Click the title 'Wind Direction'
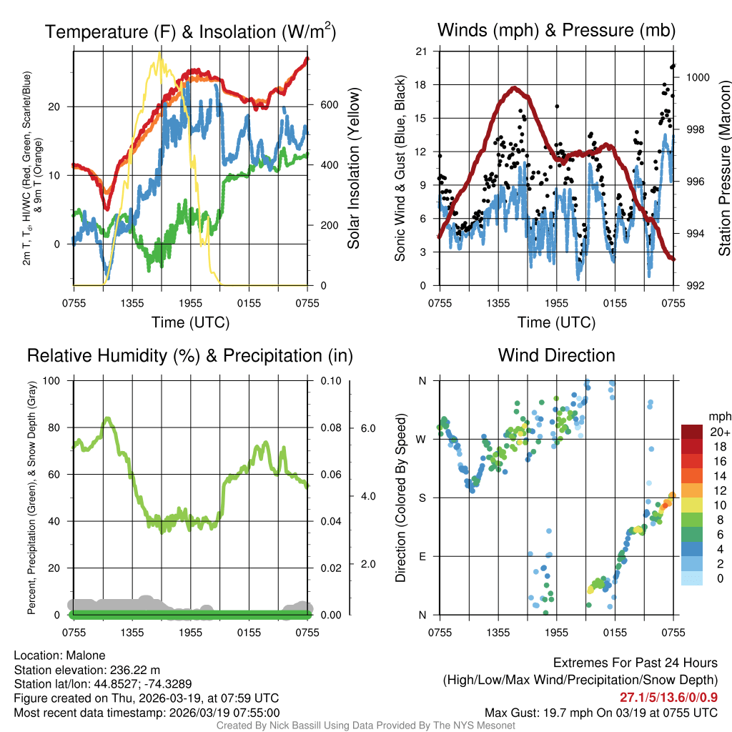point(556,355)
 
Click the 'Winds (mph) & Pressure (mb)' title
point(556,31)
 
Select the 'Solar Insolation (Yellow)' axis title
point(354,168)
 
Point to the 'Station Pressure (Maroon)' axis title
point(724,168)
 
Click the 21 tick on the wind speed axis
point(421,51)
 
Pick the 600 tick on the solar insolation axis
point(328,105)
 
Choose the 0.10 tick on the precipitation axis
point(329,381)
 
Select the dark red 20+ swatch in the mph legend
point(693,432)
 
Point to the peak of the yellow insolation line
point(159,54)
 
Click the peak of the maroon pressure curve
point(514,88)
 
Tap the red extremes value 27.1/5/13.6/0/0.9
point(668,698)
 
